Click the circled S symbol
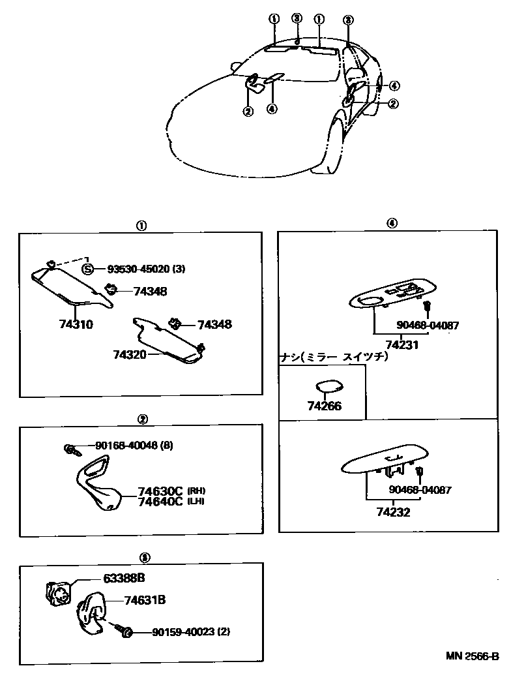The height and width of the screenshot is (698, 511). (x=87, y=269)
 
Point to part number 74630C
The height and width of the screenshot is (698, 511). (x=160, y=491)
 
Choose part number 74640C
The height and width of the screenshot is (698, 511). (x=160, y=502)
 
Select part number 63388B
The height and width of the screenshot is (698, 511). (x=123, y=578)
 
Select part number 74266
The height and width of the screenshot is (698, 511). (x=324, y=406)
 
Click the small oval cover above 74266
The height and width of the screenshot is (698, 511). (x=330, y=386)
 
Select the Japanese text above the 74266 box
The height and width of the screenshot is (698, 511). (x=334, y=357)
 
